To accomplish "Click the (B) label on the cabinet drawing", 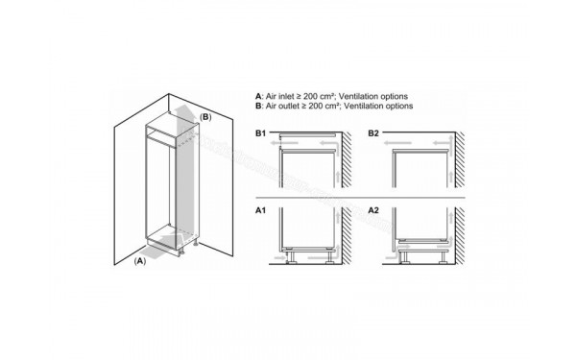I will (204, 118).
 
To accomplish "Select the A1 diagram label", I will (261, 208).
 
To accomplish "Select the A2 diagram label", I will (374, 208).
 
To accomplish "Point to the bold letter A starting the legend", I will (258, 96).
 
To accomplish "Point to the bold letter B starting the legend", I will (258, 106).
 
